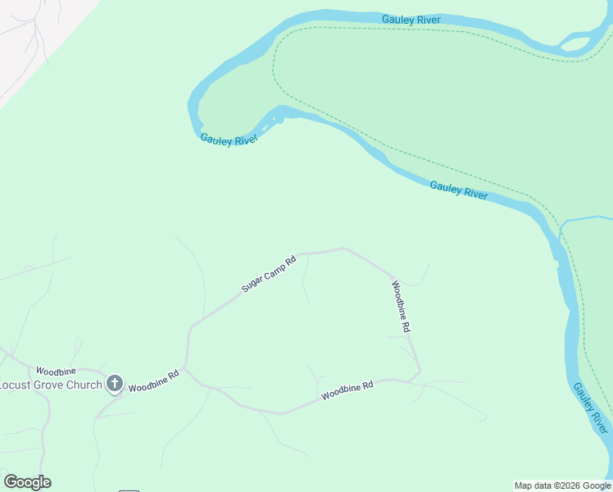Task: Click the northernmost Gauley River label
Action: click(411, 19)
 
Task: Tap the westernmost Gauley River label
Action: click(229, 139)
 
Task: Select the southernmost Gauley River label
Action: click(591, 408)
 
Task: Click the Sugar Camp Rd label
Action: click(268, 275)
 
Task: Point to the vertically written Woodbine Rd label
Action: click(400, 306)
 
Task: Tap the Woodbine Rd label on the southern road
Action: click(347, 390)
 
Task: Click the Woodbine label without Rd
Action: click(56, 371)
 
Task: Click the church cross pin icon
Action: click(115, 383)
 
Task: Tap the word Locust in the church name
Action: click(16, 385)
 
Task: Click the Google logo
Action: click(27, 482)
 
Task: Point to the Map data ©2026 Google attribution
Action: click(562, 485)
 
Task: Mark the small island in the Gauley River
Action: click(577, 43)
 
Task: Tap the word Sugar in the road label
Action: click(252, 285)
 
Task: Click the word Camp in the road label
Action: click(272, 271)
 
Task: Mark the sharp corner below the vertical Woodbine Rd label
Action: click(420, 373)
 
